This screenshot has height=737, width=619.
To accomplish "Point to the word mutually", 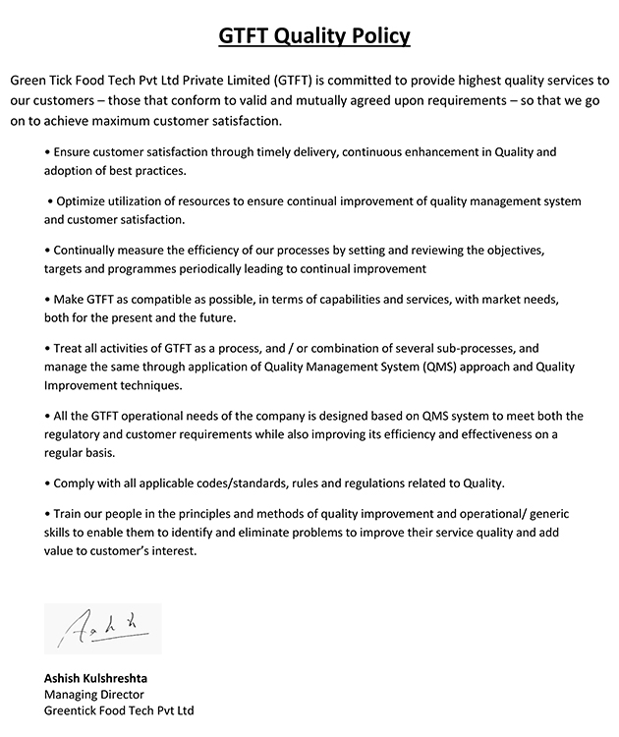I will tap(320, 100).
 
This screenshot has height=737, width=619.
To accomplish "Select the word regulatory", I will tap(78, 434).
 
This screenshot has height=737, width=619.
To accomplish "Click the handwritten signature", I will tap(102, 627).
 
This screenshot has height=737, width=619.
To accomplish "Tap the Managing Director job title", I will tap(94, 694).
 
